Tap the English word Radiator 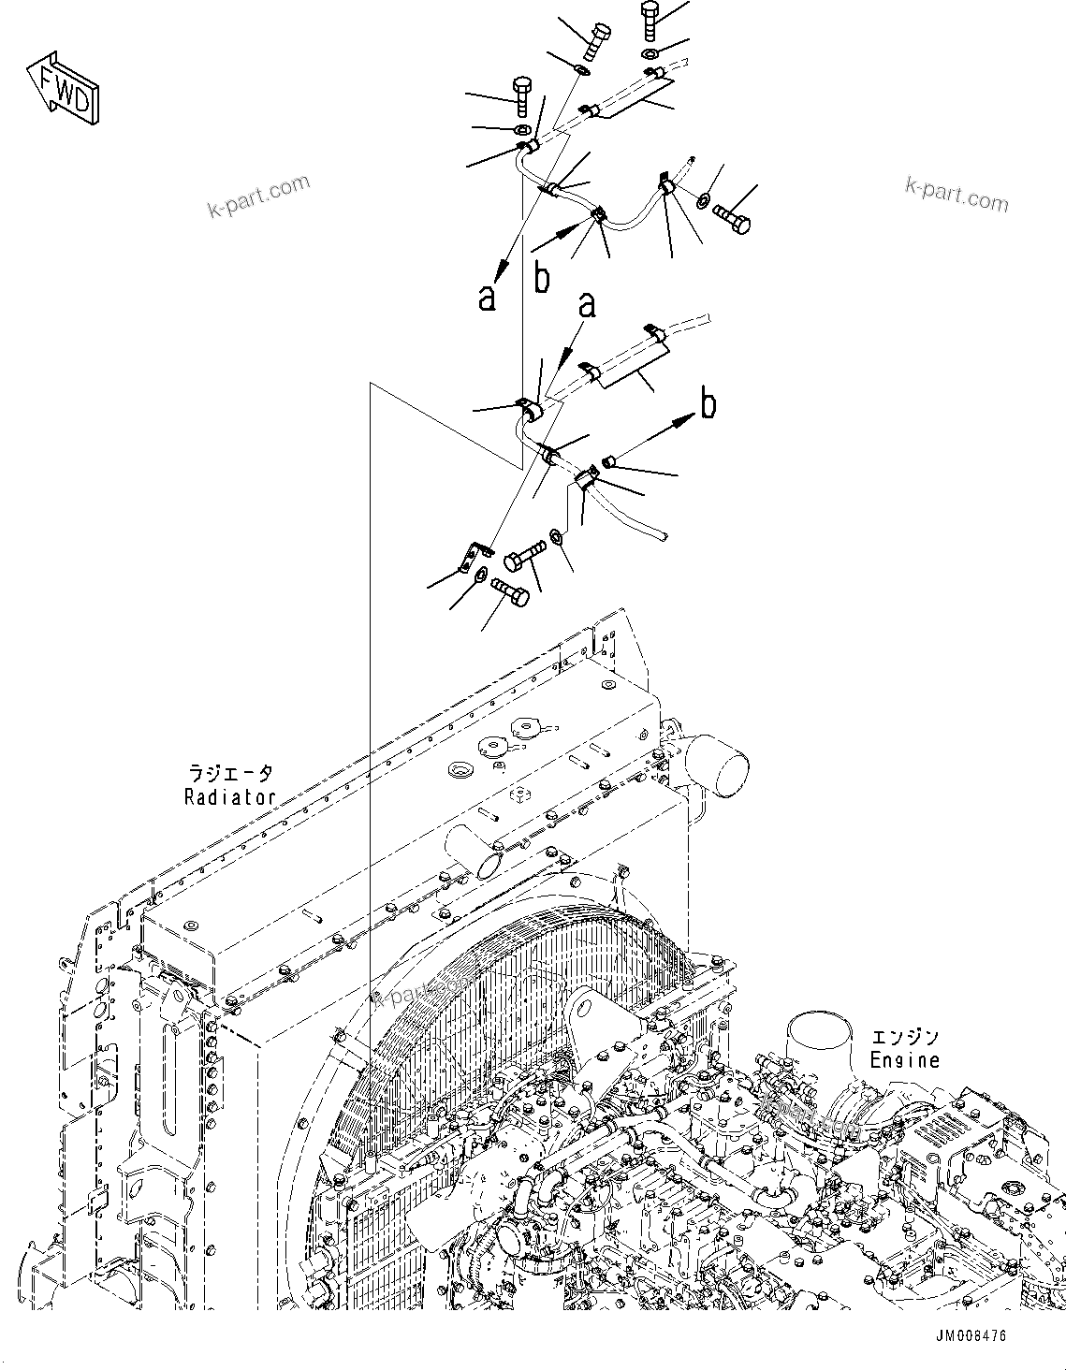pyautogui.click(x=229, y=797)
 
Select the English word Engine pyautogui.click(x=904, y=1060)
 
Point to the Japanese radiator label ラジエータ pyautogui.click(x=230, y=774)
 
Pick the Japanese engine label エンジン pyautogui.click(x=905, y=1038)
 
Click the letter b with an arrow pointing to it pyautogui.click(x=709, y=404)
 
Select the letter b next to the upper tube pyautogui.click(x=542, y=278)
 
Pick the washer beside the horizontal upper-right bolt pyautogui.click(x=703, y=199)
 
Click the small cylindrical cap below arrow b pyautogui.click(x=608, y=459)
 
